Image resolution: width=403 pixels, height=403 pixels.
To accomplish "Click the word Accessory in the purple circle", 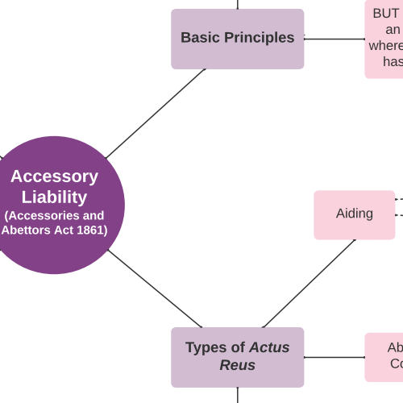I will click(x=54, y=177).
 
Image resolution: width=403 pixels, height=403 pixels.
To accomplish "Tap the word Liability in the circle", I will click(x=54, y=197).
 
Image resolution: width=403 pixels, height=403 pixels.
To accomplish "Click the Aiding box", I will click(x=354, y=214).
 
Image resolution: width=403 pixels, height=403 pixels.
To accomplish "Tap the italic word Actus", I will click(x=269, y=347).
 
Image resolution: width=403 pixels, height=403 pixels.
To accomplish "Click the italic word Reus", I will click(x=237, y=365).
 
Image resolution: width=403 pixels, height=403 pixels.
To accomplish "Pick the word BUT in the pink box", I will click(x=387, y=14).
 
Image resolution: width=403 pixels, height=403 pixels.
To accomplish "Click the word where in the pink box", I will click(x=386, y=46).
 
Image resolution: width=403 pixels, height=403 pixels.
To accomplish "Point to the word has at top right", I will click(x=393, y=62).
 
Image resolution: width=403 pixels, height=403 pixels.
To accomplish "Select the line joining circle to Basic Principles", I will click(x=155, y=113).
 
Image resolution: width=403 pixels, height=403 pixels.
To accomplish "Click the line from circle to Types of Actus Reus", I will click(x=155, y=289).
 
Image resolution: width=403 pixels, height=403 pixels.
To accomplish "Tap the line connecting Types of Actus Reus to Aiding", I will click(x=309, y=284).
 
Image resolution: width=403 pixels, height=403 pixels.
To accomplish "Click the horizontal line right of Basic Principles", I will click(x=334, y=39).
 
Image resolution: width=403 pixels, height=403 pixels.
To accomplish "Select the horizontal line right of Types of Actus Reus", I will click(x=334, y=357).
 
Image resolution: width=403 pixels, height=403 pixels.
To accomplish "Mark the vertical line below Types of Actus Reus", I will click(x=238, y=395).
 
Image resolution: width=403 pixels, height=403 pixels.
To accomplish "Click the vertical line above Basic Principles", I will click(x=238, y=4).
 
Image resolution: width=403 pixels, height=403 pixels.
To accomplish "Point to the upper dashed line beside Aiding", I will click(x=399, y=199).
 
